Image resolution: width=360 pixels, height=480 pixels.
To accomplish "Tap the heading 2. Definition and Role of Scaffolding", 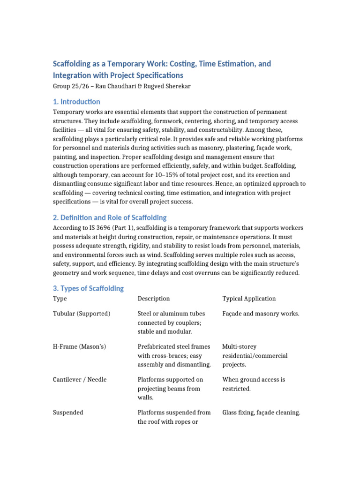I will [109, 217].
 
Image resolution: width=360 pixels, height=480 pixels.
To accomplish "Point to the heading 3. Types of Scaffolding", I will [88, 288].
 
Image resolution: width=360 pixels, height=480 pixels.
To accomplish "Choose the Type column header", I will [60, 299].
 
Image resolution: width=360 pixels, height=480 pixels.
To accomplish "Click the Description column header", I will [154, 299].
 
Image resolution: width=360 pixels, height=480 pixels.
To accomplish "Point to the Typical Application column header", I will [249, 299].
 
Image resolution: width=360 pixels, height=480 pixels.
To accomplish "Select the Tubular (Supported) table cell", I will [82, 314].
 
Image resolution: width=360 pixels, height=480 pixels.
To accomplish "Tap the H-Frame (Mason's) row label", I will [80, 346].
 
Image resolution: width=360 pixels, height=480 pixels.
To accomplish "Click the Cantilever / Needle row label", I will [80, 379].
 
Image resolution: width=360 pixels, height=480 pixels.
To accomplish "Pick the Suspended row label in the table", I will [68, 412].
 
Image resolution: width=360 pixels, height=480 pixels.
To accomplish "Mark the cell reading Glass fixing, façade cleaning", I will [261, 412].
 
